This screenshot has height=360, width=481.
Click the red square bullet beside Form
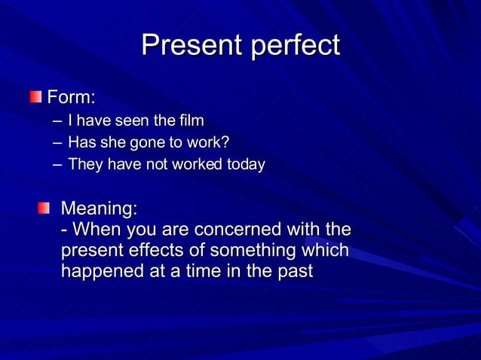click(x=36, y=96)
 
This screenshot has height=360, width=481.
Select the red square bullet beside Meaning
click(x=45, y=207)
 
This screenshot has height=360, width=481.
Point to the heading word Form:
click(x=72, y=97)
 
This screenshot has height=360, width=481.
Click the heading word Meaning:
click(x=99, y=207)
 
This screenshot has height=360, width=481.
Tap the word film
click(x=191, y=121)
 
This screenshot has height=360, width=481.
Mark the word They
click(x=85, y=164)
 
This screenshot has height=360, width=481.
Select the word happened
click(x=100, y=271)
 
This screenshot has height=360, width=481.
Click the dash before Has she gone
click(x=57, y=143)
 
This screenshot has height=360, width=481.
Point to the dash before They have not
click(x=57, y=165)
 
